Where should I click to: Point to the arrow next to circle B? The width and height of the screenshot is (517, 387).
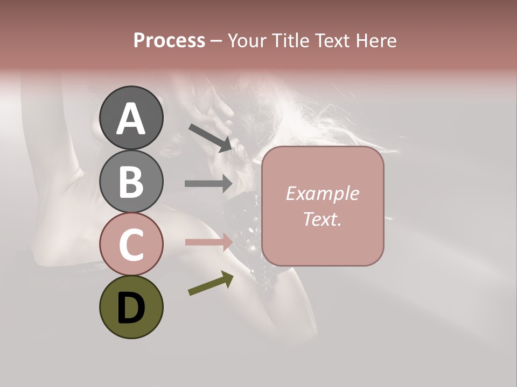[208, 184]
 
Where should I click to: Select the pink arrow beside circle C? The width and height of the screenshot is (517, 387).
[208, 242]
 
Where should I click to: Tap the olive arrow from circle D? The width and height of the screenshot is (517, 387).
[211, 283]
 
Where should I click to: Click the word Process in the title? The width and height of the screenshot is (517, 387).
[169, 41]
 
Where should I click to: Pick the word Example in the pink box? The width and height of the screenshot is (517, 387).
[322, 193]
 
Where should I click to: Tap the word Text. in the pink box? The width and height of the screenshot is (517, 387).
[322, 219]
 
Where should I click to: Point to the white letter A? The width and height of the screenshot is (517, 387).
[131, 119]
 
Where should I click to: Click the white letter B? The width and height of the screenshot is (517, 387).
[131, 182]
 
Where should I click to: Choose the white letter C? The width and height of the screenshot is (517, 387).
[131, 244]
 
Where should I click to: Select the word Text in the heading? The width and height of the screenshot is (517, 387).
[334, 41]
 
